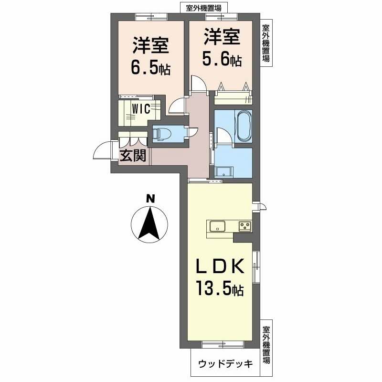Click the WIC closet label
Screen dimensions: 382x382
click(x=141, y=108)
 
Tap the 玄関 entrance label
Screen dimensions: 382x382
click(x=132, y=156)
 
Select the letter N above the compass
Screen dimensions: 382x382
click(x=150, y=199)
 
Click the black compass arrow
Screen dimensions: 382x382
click(x=150, y=223)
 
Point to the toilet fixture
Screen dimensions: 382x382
click(x=161, y=134)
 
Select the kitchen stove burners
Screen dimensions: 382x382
click(x=245, y=226)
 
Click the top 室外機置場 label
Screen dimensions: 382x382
click(x=204, y=8)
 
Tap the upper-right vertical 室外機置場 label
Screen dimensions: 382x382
click(x=266, y=44)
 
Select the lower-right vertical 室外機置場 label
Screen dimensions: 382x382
click(x=266, y=344)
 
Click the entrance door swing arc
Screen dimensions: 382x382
click(x=102, y=151)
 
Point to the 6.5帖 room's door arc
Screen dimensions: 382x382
click(x=178, y=106)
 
